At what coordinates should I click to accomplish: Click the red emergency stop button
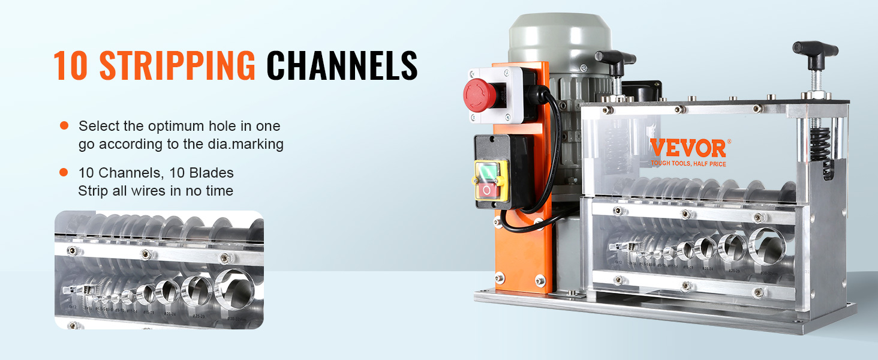point(480,94)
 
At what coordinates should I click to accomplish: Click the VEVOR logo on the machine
point(688,148)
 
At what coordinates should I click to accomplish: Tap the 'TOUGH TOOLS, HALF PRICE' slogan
point(688,163)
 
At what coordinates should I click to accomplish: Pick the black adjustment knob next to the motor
point(615,60)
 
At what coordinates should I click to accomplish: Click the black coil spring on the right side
point(819,144)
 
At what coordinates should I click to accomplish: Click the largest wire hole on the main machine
point(766,244)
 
